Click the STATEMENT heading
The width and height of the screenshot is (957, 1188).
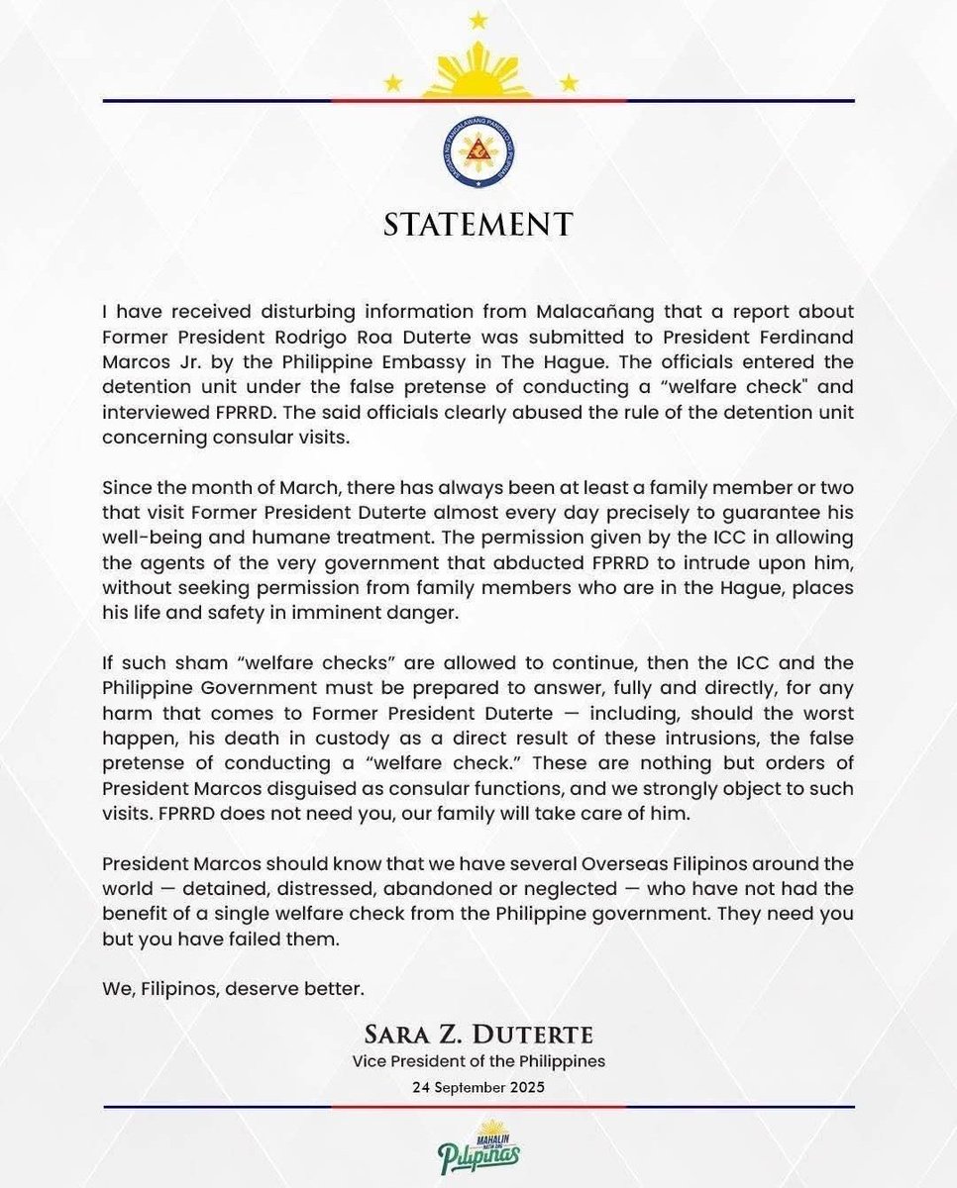pyautogui.click(x=478, y=224)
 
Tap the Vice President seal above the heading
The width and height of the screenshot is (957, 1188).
pyautogui.click(x=478, y=156)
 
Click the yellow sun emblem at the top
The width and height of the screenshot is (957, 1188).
pyautogui.click(x=478, y=74)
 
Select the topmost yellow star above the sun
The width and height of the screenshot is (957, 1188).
pyautogui.click(x=478, y=19)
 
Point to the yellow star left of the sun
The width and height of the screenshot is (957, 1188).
pyautogui.click(x=393, y=82)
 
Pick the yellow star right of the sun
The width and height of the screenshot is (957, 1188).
pyautogui.click(x=569, y=82)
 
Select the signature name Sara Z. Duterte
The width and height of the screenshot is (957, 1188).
pyautogui.click(x=478, y=1036)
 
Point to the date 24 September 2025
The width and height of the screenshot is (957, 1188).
pyautogui.click(x=478, y=1085)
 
